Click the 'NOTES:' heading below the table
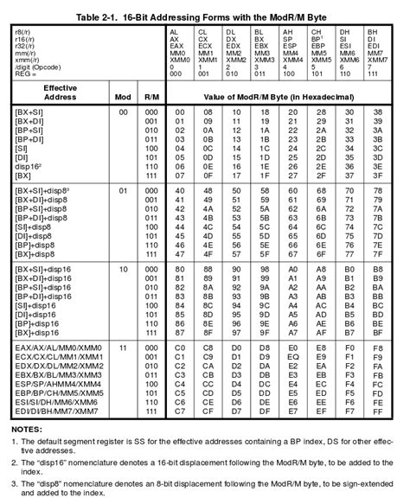pos(30,428)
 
